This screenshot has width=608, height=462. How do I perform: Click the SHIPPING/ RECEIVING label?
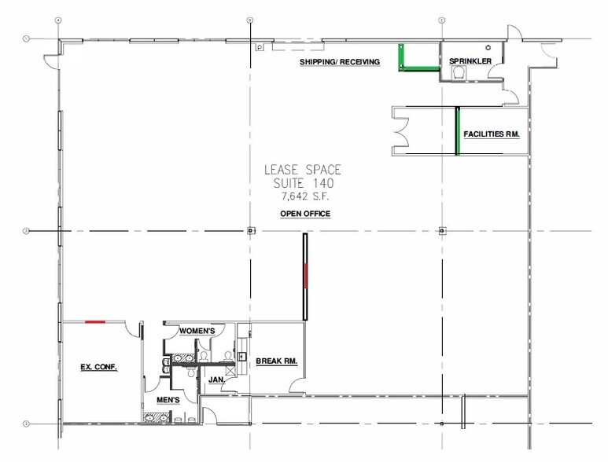339,62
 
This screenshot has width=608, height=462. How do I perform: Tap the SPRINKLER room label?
470,61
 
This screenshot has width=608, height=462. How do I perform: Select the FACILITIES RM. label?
492,134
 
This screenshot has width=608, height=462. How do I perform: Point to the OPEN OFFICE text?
305,214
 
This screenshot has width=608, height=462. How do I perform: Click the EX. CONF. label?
99,366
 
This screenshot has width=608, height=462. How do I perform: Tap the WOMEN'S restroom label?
197,331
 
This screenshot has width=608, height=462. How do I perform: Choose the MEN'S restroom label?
170,400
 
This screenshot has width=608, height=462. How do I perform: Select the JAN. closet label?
216,379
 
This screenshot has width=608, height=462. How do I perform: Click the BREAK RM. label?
276,361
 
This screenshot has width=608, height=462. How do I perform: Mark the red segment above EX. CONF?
96,321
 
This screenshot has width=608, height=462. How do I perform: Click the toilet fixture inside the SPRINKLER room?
459,72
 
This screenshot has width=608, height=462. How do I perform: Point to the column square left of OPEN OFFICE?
251,231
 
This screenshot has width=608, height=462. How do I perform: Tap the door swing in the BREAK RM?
297,384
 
